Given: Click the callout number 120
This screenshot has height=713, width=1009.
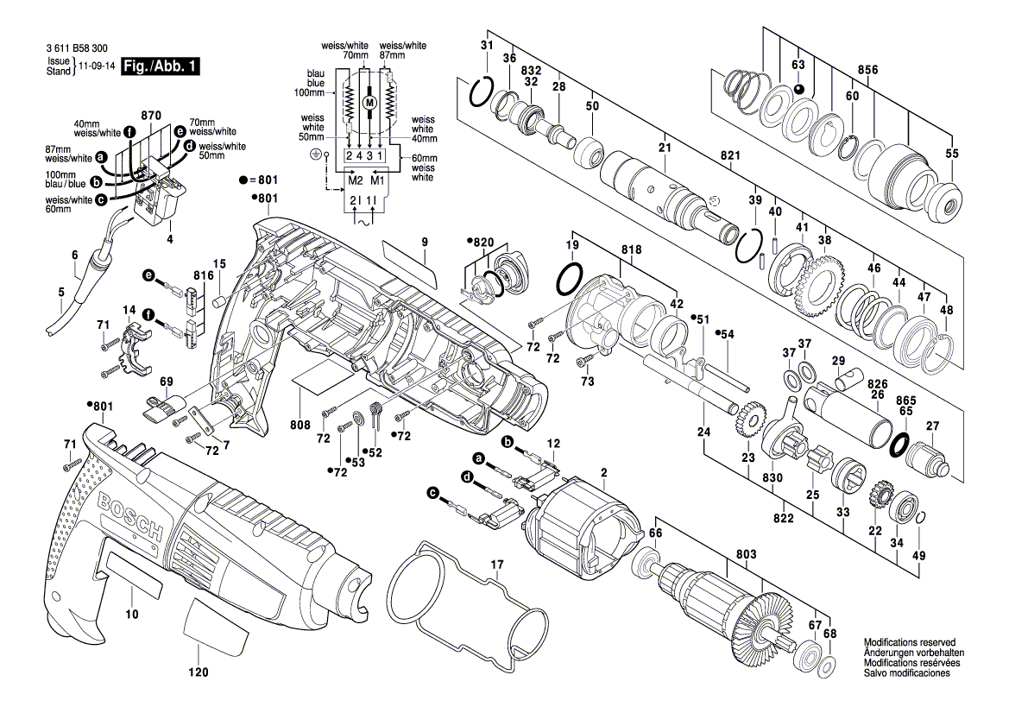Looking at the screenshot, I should pos(199,672).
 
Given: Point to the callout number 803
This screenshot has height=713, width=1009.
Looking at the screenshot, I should pos(746,553).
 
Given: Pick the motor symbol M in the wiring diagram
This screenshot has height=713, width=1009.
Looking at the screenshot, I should pos(370,103).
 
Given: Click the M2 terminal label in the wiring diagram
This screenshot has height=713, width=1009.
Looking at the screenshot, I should pos(356,180).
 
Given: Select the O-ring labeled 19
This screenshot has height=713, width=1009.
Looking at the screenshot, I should pos(571,279).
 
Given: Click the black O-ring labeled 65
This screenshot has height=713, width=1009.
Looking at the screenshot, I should pos(899,445).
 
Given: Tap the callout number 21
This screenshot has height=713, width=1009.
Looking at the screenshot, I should pos(665,148).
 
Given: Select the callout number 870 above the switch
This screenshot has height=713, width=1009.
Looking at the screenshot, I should pos(151,115).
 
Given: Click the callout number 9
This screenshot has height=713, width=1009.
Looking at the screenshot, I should pos(425,243).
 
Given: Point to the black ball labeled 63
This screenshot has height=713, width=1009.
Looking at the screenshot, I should pos(799,89).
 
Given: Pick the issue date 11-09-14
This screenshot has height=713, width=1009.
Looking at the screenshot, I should pos(96,66).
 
